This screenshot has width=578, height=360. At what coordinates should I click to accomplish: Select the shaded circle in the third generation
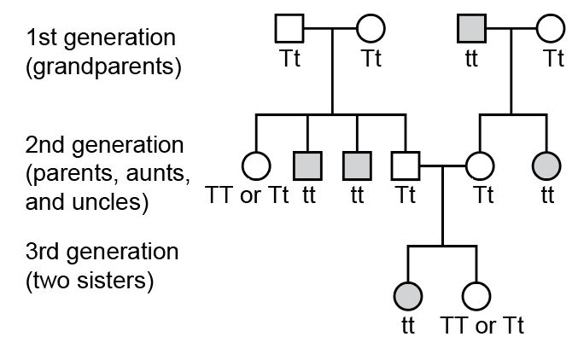click(407, 296)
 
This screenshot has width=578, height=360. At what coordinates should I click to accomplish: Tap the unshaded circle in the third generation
click(476, 296)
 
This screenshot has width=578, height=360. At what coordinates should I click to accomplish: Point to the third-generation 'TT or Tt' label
click(482, 326)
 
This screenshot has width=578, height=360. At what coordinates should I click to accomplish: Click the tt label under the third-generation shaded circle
click(407, 326)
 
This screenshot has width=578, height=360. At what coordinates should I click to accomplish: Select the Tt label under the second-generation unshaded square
click(405, 195)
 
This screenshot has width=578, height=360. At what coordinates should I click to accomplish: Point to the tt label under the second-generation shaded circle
click(547, 195)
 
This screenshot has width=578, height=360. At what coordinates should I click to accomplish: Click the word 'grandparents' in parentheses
click(103, 67)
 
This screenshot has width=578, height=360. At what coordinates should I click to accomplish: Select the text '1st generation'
click(101, 38)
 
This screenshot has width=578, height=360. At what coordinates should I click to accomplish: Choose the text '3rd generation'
click(103, 253)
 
